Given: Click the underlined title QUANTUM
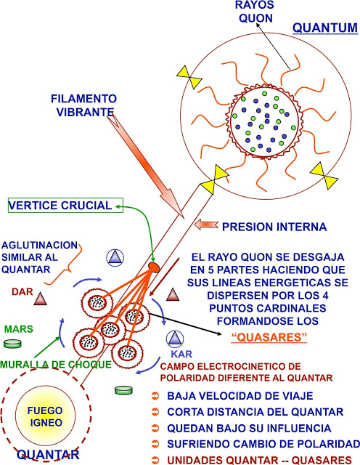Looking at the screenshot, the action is (325, 28).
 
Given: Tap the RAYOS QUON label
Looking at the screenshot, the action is (255, 12).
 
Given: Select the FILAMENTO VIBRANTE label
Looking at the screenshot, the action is (84, 105).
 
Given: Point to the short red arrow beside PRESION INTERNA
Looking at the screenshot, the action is (206, 225).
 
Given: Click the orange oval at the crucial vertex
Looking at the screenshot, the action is (154, 267).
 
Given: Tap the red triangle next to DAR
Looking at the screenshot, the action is (40, 299).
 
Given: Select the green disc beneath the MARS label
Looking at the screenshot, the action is (12, 344).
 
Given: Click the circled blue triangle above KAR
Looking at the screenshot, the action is (175, 339).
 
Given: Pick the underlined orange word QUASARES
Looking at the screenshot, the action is (269, 337).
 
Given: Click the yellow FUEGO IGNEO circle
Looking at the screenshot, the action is (45, 416).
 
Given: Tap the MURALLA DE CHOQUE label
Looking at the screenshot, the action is (56, 365).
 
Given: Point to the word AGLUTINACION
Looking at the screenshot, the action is (40, 246).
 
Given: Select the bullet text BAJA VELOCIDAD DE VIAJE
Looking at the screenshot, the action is (240, 396).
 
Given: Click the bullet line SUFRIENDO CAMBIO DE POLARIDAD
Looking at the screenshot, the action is (263, 444).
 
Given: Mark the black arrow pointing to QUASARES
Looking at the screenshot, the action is (186, 324).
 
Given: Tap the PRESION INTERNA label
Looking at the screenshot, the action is (274, 227).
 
